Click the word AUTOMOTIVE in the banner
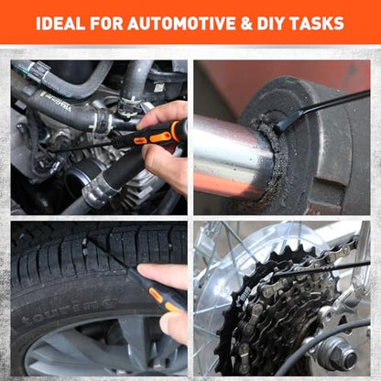coord(182,23)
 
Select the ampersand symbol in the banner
coord(246,24)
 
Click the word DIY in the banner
coord(270,23)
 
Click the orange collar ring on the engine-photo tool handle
coord(176,130)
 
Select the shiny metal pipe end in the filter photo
coord(234,156)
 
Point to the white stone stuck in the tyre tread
coord(85,247)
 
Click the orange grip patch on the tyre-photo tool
coord(156,295)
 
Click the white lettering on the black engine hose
coord(58,102)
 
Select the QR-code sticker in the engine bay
coord(159,88)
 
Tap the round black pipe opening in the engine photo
coord(77,181)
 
